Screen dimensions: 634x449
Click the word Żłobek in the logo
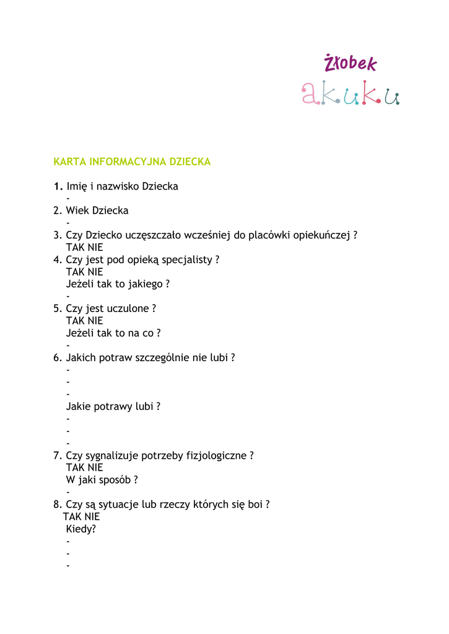pos(350,63)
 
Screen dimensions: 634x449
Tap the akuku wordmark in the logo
pos(351,93)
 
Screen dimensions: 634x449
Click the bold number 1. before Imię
pos(58,186)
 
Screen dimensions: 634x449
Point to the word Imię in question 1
pos(77,186)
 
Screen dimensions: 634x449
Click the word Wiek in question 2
pos(77,211)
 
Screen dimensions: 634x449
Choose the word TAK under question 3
pos(75,248)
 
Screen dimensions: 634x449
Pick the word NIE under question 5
pos(95,321)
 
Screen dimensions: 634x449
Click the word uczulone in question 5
pos(129,308)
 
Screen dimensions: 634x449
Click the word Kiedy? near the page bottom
pos(81,529)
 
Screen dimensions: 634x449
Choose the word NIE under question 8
pos(92,516)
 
